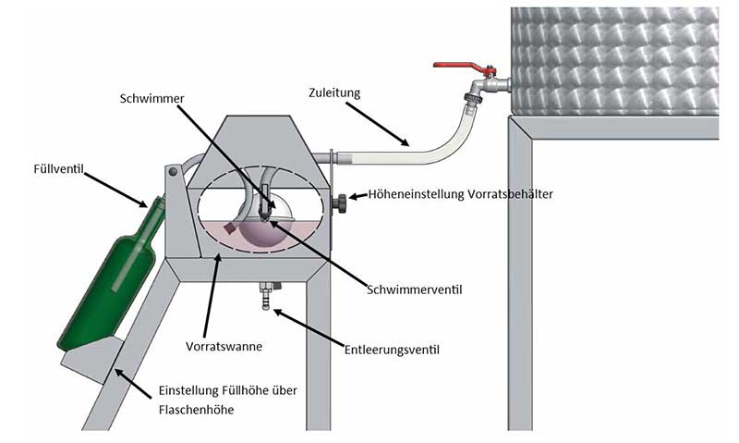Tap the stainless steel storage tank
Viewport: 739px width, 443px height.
tap(613, 60)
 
